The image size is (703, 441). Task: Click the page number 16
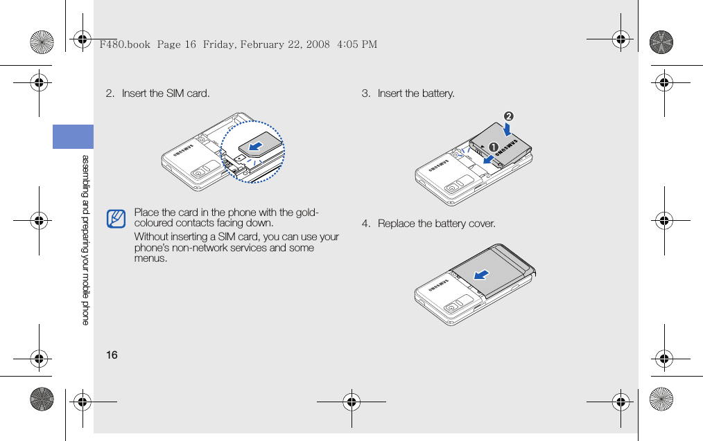tap(112, 355)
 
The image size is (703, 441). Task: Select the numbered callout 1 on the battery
tap(493, 147)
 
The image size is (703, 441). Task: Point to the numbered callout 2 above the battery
tap(509, 114)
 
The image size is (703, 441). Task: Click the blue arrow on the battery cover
tap(480, 275)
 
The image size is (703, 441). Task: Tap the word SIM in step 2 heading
tap(175, 93)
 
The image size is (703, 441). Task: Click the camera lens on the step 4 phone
tap(453, 307)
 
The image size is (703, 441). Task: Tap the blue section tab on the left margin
tap(73, 136)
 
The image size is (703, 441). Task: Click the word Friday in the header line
tap(219, 44)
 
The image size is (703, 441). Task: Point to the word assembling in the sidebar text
tap(85, 177)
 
